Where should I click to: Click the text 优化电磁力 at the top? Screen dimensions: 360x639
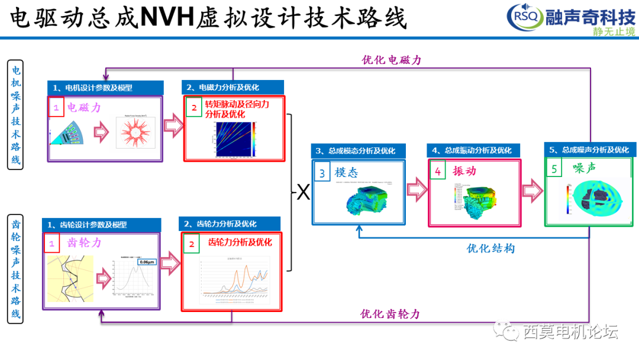tap(392, 60)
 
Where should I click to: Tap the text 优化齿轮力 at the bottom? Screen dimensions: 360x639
tap(390, 314)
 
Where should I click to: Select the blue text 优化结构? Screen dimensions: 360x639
tap(490, 248)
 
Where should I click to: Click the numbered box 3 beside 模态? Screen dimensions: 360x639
tap(322, 172)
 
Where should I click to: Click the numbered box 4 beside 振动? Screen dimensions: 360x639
tap(438, 171)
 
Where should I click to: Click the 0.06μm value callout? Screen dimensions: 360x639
tap(146, 262)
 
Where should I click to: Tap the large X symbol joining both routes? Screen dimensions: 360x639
tap(303, 192)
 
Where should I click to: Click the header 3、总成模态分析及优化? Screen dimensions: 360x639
tap(359, 150)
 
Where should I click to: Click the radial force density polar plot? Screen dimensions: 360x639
tap(137, 136)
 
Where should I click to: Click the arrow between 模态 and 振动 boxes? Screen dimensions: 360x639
tap(417, 190)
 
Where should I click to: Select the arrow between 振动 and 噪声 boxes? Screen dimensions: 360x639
tap(532, 190)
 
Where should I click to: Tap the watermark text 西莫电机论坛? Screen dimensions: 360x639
tap(570, 332)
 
